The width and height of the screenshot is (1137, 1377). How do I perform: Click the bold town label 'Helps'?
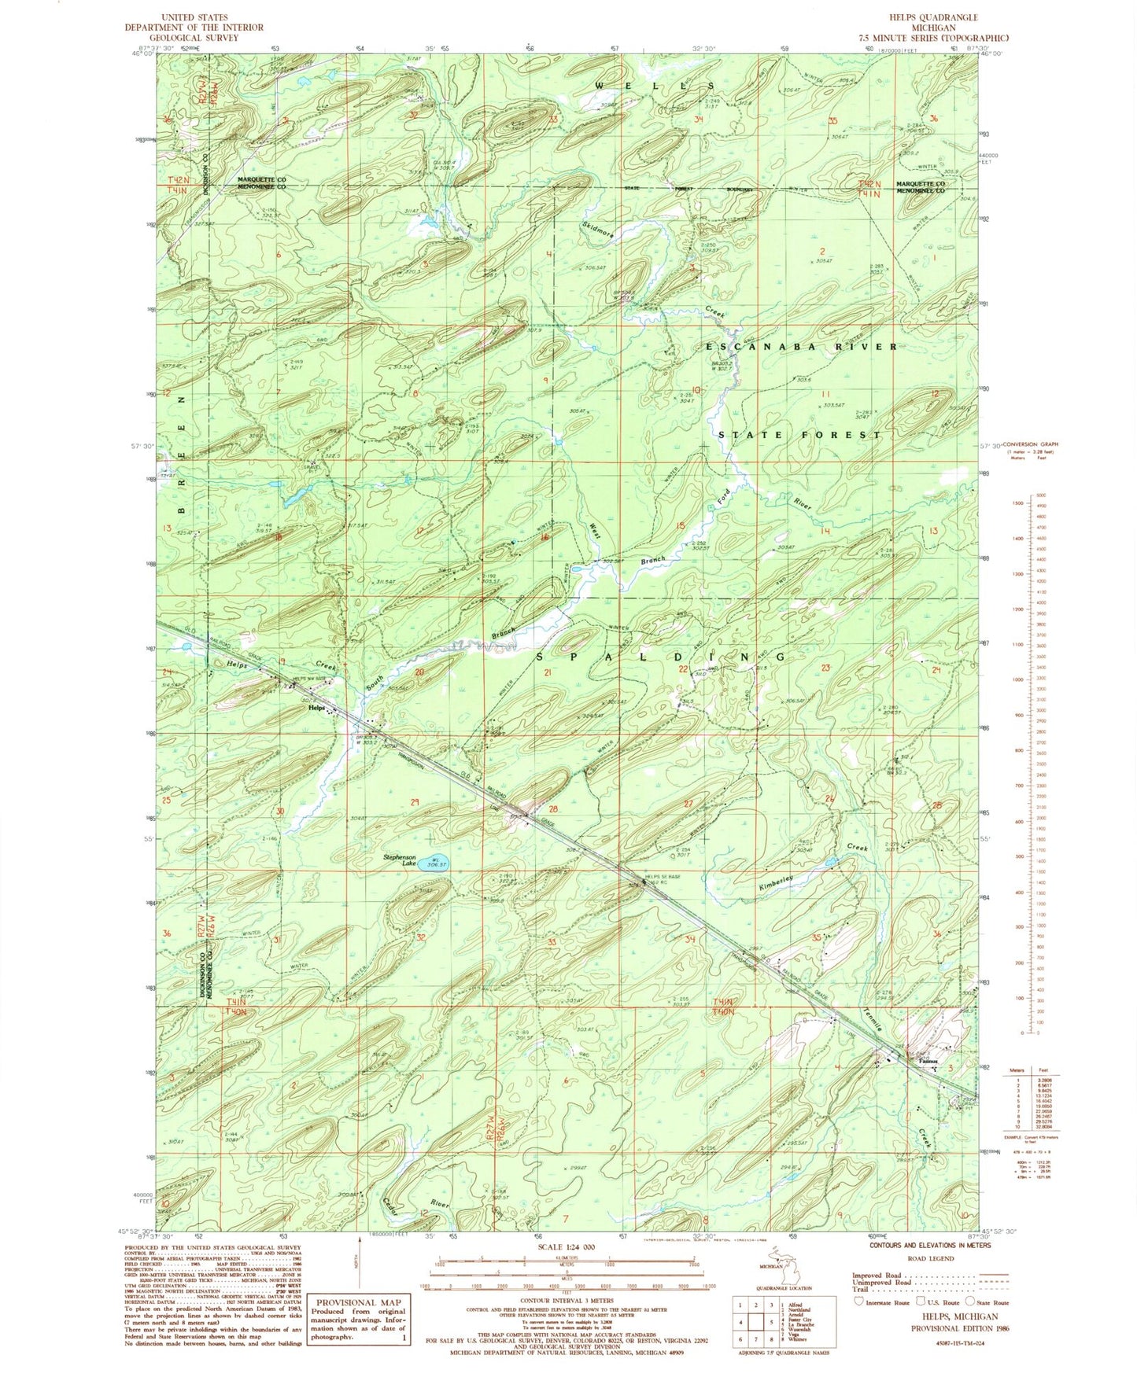pyautogui.click(x=316, y=708)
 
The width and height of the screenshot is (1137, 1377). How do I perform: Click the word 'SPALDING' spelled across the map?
pyautogui.click(x=661, y=657)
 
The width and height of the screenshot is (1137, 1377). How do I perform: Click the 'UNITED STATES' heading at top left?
pyautogui.click(x=194, y=17)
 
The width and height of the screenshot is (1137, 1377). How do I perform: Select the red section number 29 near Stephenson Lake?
pyautogui.click(x=414, y=802)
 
